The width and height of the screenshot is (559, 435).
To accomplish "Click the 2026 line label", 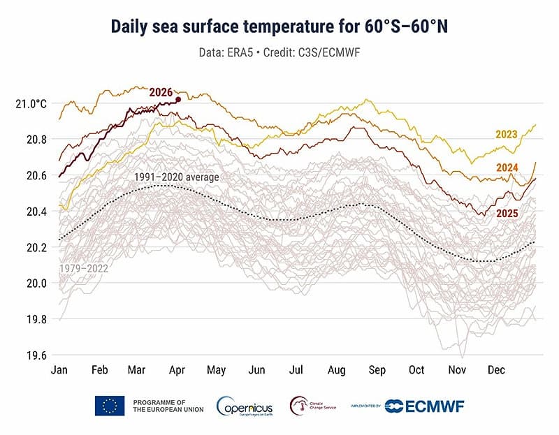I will tap(161, 92).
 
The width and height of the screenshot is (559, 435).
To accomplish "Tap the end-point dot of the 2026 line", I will tap(178, 100).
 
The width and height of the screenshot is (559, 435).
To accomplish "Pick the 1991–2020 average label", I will tap(177, 177).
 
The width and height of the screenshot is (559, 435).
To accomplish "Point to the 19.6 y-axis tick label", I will tap(36, 355).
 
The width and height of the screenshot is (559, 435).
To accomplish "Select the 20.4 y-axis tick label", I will tap(36, 212).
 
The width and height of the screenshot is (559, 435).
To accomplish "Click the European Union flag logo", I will tap(110, 406).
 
